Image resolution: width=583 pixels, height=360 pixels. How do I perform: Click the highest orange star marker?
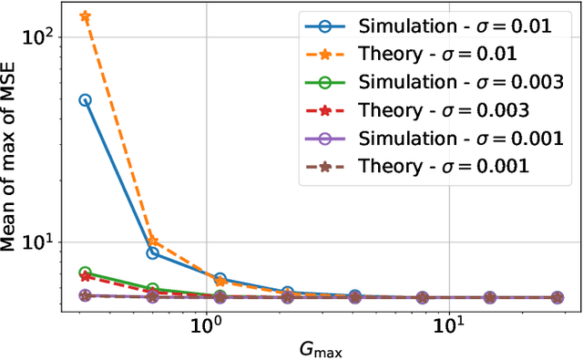86,16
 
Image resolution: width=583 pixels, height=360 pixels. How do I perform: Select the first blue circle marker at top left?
86,100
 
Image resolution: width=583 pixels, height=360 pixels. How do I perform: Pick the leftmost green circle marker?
86,273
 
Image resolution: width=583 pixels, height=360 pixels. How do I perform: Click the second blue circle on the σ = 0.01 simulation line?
153,252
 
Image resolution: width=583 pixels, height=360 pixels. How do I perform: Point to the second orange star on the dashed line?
153,242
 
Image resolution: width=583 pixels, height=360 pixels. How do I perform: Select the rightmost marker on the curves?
557,297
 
